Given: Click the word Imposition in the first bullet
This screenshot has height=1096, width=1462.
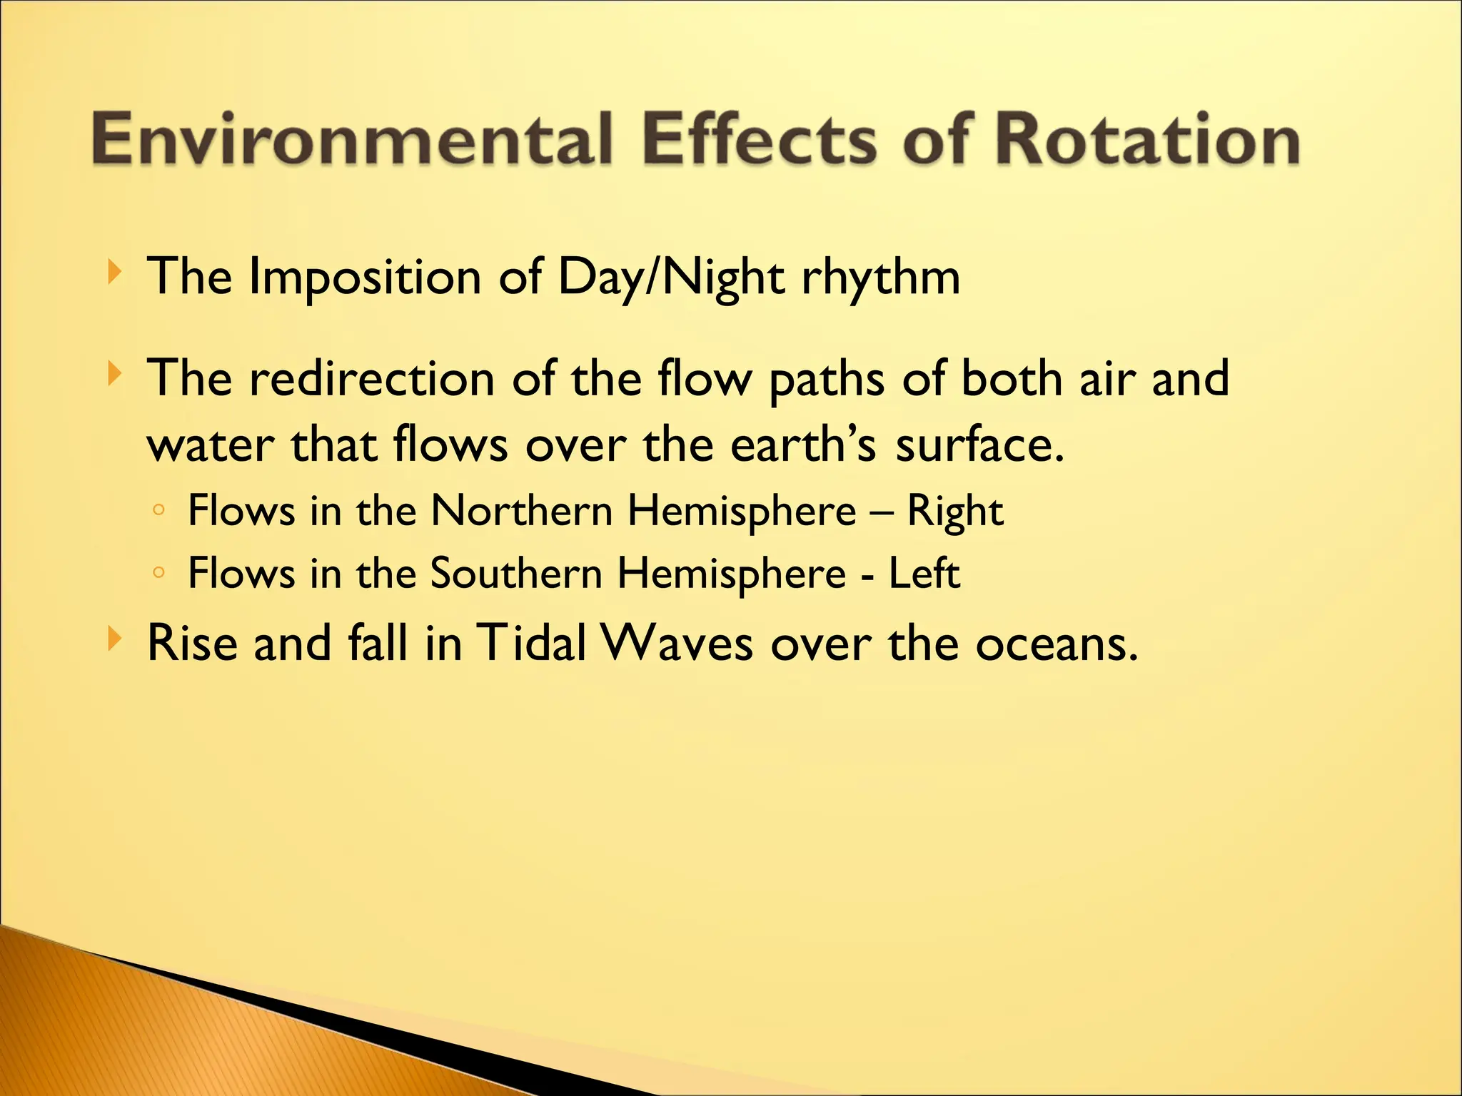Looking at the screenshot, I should [x=365, y=278].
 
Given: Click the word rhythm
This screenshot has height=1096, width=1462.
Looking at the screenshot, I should [x=881, y=278].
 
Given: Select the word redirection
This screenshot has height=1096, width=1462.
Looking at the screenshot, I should [x=371, y=379].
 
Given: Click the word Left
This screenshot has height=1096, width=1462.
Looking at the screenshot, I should [x=924, y=573].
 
